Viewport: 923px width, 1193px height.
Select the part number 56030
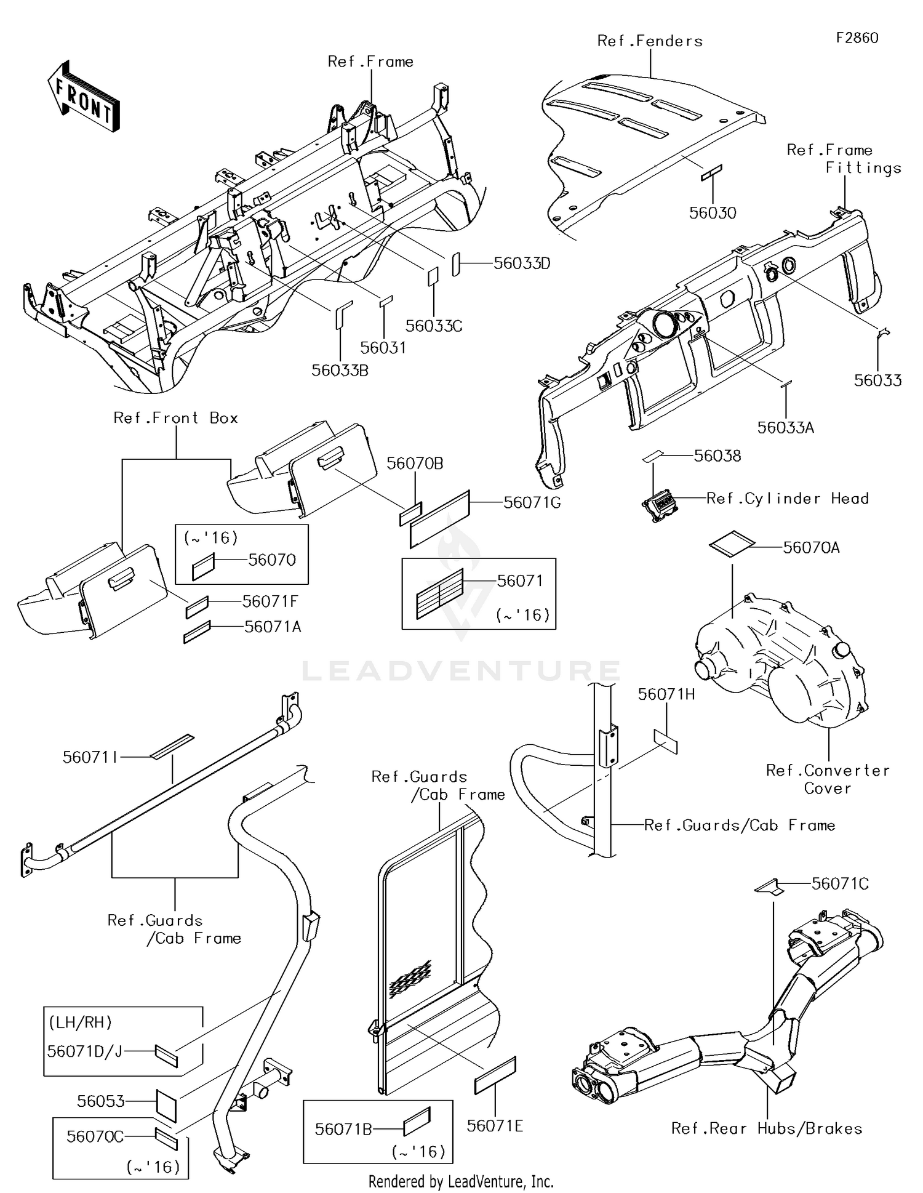(713, 213)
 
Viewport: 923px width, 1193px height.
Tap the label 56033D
(522, 263)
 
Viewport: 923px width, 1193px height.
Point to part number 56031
(383, 348)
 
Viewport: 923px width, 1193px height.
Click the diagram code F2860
(857, 38)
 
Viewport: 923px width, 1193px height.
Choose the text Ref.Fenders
(650, 41)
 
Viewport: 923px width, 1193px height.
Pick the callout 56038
(717, 456)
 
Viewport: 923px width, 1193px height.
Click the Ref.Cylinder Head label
(788, 499)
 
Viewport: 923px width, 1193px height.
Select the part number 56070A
(811, 548)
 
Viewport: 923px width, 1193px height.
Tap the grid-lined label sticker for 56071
(439, 595)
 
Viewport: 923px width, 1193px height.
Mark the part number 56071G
(532, 503)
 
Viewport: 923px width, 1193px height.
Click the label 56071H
(666, 695)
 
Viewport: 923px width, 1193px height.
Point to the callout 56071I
(90, 758)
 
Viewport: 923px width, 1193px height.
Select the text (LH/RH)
(81, 1022)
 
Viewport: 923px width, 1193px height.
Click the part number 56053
(101, 1101)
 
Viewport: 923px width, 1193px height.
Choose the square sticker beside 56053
(166, 1106)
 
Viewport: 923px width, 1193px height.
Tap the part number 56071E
(495, 1127)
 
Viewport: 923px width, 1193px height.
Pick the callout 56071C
(840, 884)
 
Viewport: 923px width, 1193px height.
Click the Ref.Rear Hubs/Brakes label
(767, 1128)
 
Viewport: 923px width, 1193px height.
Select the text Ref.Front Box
(176, 418)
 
